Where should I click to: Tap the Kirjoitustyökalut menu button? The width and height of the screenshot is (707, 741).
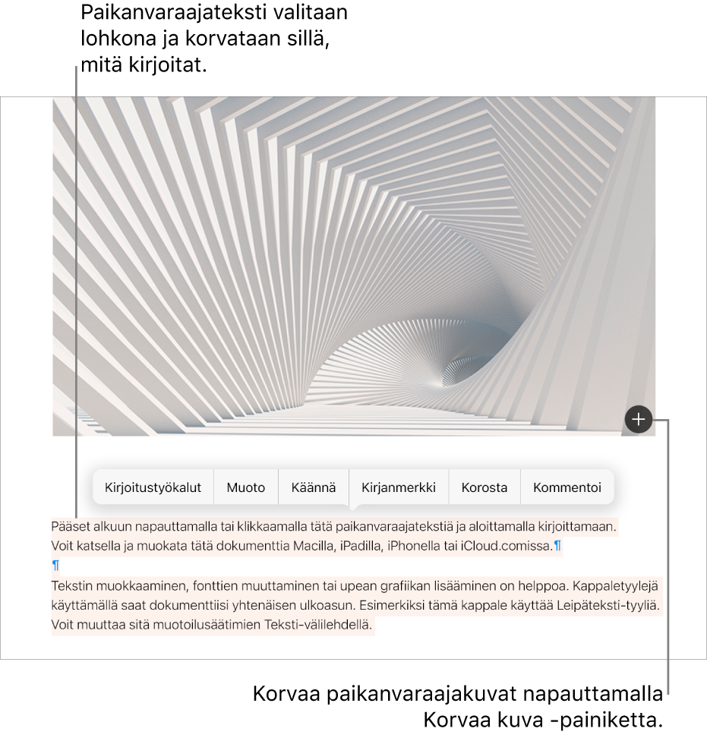click(x=153, y=487)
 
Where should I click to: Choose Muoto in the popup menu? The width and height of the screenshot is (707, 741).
click(x=246, y=487)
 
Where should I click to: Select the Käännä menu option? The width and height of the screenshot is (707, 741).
click(x=314, y=487)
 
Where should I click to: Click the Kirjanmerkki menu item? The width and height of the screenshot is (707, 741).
click(x=399, y=487)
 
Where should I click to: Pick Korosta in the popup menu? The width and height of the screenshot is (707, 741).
click(x=484, y=487)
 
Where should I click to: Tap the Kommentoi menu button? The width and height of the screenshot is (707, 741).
click(x=567, y=487)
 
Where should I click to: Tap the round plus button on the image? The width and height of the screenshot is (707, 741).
click(x=639, y=418)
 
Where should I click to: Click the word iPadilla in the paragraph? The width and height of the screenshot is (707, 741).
click(x=358, y=545)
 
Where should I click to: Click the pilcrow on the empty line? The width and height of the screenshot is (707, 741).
click(x=55, y=566)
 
